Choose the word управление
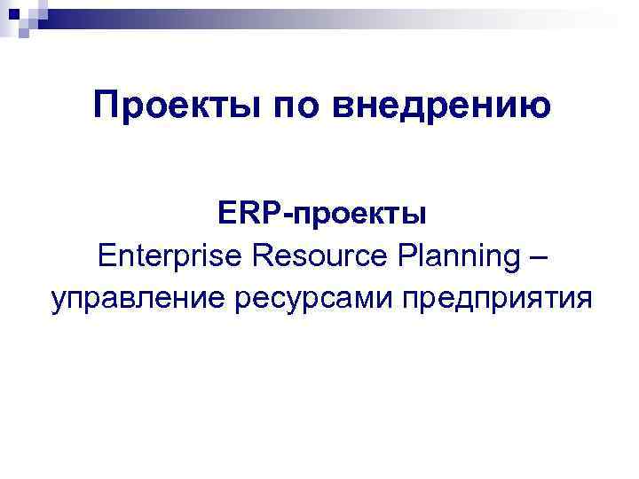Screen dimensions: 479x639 pos(138,299)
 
